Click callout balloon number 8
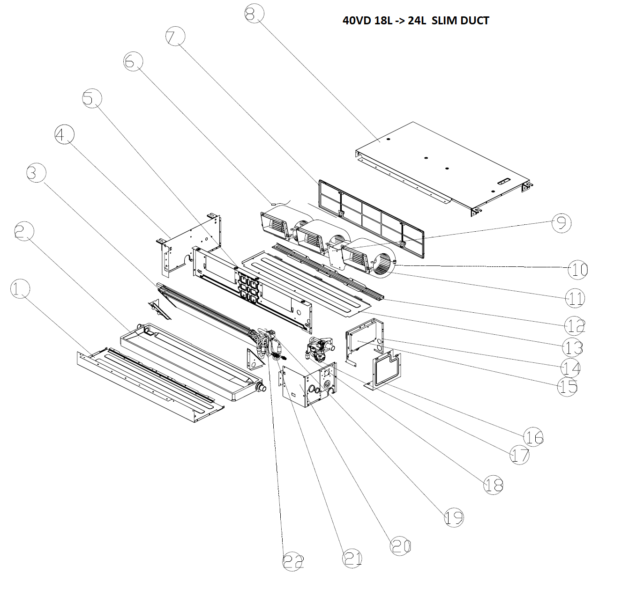click(254, 14)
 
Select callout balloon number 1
click(20, 289)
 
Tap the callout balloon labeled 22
click(293, 561)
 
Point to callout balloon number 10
click(577, 269)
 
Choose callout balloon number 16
click(533, 437)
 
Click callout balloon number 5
click(92, 99)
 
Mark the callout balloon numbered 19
click(453, 517)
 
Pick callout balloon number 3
click(36, 173)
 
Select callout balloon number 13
click(573, 347)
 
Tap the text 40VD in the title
click(355, 21)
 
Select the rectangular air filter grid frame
click(370, 218)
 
